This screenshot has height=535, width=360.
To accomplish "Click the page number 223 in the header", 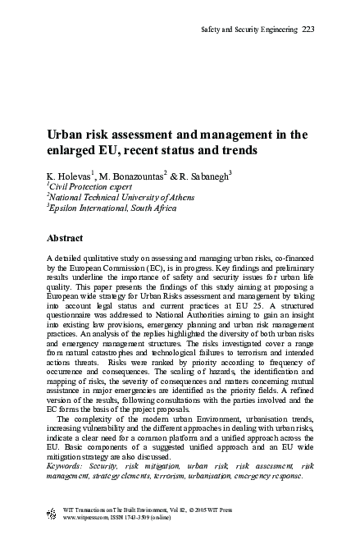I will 309,30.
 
